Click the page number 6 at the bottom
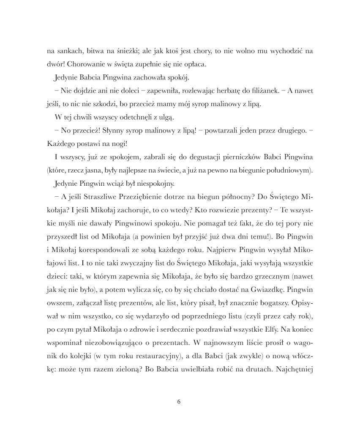click(x=180, y=401)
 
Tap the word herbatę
click(x=215, y=92)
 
